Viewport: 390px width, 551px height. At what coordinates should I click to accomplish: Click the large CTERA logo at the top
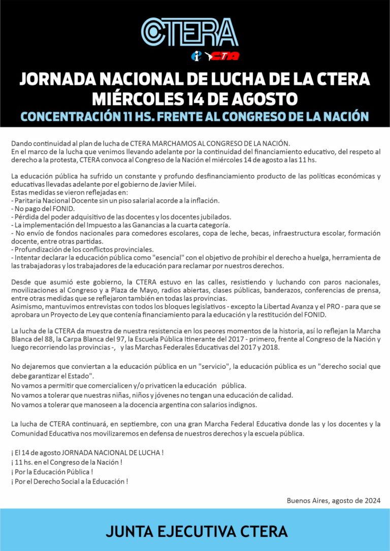(x=189, y=31)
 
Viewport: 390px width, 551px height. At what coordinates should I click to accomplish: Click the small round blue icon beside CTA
(x=196, y=56)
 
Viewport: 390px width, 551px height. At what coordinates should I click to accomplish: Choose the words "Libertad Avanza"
(x=254, y=306)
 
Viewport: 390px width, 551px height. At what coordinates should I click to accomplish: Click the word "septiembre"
(x=143, y=424)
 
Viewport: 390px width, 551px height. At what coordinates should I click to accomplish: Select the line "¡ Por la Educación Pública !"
(x=52, y=471)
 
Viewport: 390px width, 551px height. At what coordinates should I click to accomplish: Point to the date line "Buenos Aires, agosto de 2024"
(x=333, y=500)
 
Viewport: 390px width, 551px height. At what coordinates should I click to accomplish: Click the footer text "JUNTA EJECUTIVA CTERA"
(x=197, y=531)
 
